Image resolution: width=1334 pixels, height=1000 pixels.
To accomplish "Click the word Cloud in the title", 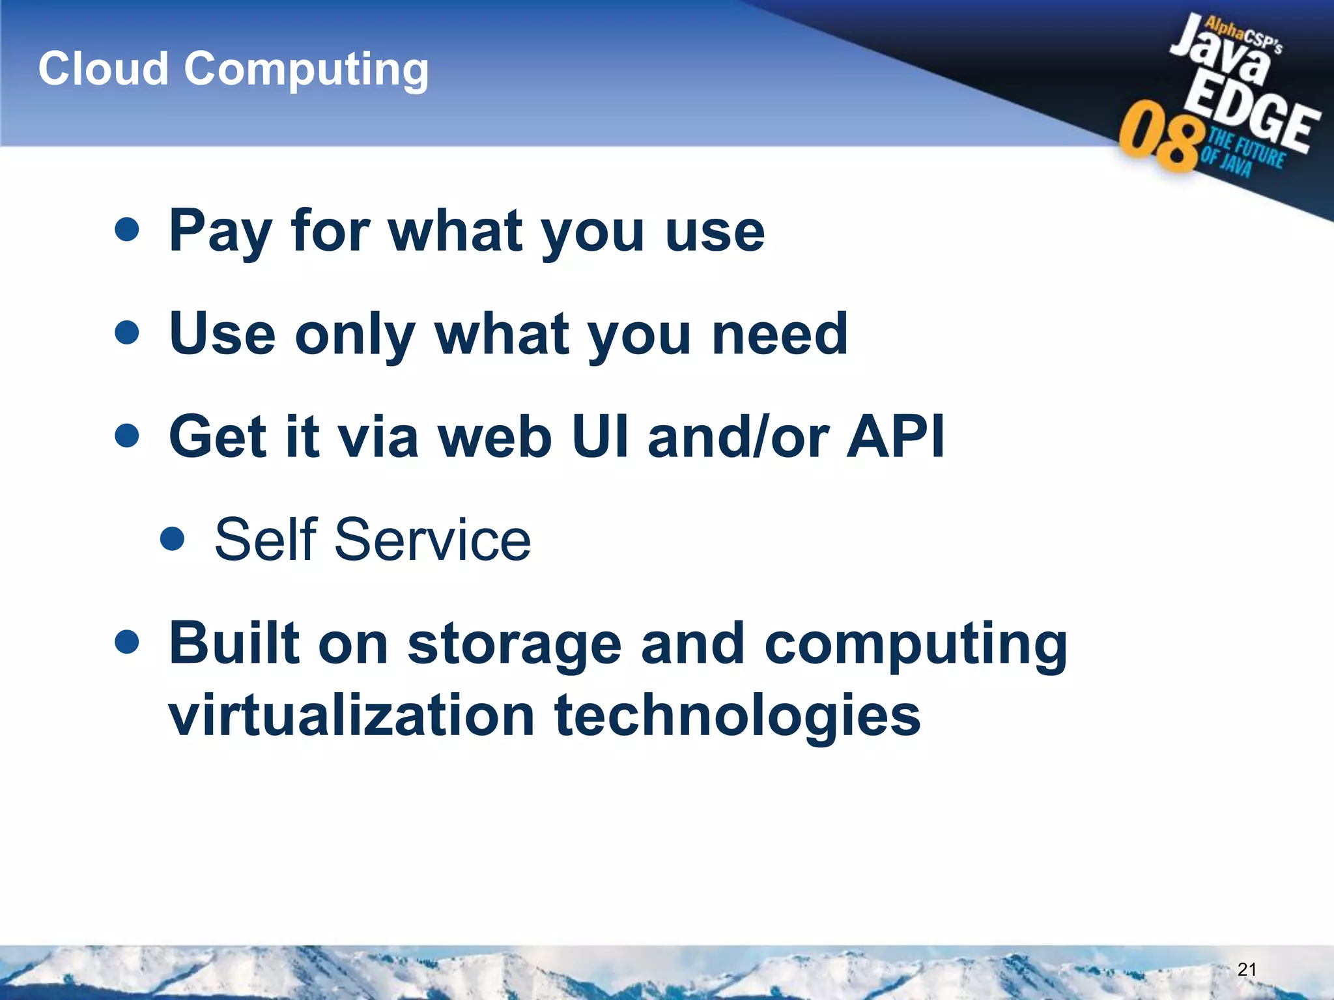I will (104, 68).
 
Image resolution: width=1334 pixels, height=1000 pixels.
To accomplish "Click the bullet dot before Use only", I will (126, 332).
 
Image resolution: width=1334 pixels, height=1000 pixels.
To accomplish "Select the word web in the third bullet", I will (495, 436).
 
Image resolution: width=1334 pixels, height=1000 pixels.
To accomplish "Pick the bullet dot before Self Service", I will (172, 539).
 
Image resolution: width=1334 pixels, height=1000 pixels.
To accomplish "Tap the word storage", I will (514, 645).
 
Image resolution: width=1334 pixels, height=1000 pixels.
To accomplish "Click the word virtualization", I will (352, 715).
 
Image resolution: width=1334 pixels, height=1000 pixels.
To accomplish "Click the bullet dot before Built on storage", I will (126, 643).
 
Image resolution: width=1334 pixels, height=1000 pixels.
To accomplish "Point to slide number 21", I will (1246, 969).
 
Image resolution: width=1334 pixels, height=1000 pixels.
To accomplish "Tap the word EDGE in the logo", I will (1251, 117).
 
